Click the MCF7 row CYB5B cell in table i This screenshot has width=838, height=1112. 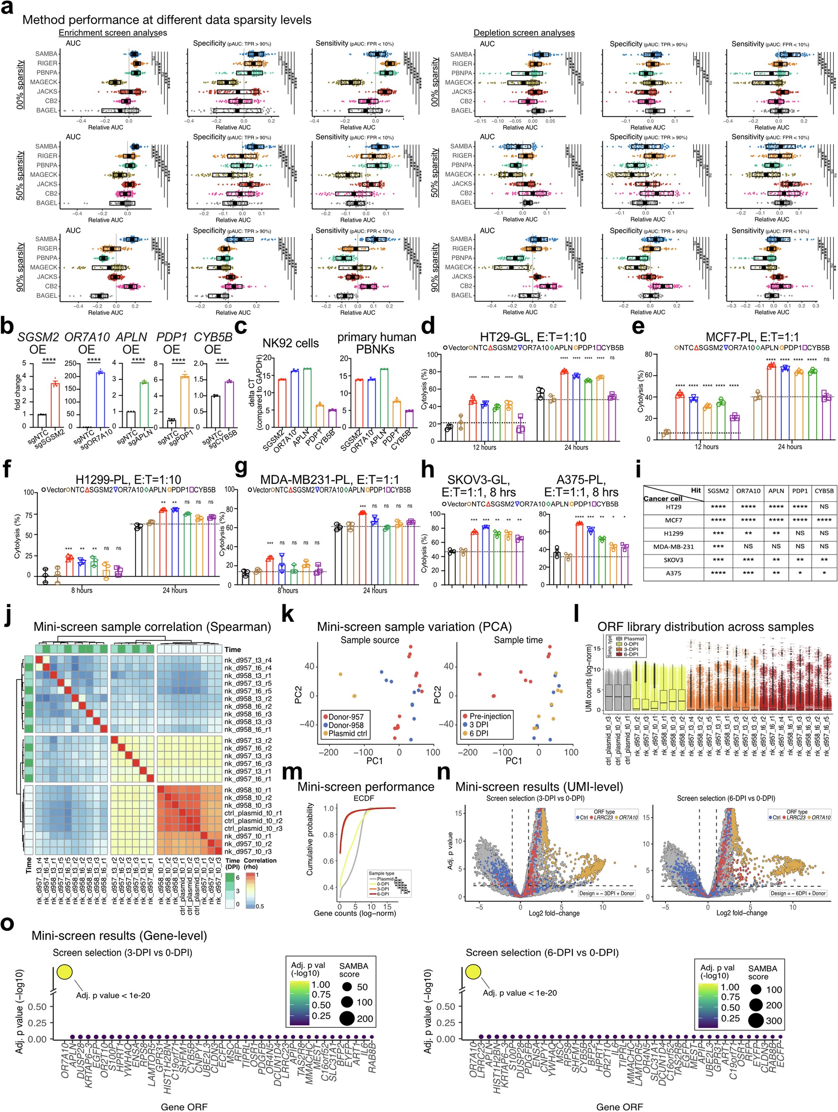824,520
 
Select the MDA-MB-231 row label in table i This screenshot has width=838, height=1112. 673,547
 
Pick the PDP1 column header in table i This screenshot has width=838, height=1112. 799,491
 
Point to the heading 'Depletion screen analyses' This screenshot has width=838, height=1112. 524,33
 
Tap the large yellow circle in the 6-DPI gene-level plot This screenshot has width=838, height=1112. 473,971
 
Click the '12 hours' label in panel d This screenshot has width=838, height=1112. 484,448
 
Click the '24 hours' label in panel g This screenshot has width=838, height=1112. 375,591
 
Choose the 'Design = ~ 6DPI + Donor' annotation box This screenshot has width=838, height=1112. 798,893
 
